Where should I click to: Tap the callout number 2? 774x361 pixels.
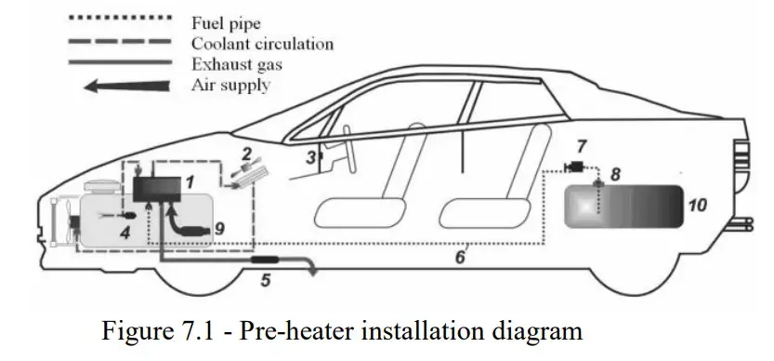[246, 153]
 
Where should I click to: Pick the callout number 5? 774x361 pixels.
[265, 278]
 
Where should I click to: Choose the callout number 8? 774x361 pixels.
[614, 174]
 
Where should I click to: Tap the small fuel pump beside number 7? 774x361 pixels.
[575, 167]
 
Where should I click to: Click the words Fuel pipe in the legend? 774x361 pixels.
[226, 24]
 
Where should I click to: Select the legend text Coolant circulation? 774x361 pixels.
[262, 44]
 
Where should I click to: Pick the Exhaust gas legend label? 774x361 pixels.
[238, 64]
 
